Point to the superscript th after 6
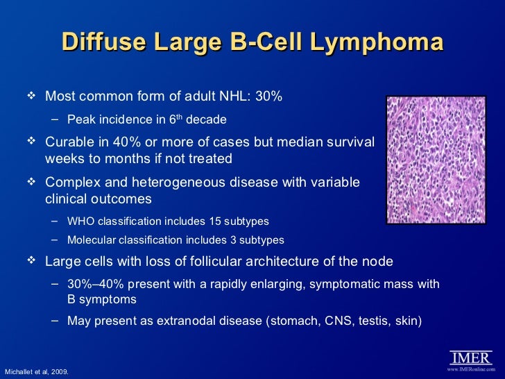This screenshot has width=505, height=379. [x=178, y=116]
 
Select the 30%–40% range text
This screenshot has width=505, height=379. [x=95, y=285]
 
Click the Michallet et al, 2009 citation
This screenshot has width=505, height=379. [x=36, y=372]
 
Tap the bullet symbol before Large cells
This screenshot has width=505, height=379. [x=30, y=262]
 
